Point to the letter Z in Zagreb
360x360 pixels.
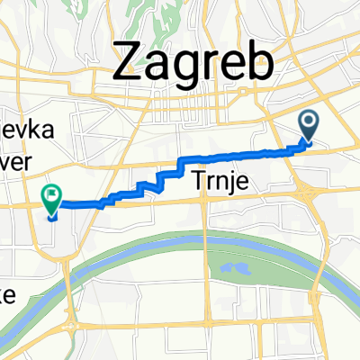pos(128,63)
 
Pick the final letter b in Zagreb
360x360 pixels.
pos(259,63)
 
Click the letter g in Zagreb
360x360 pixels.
pos(186,67)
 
